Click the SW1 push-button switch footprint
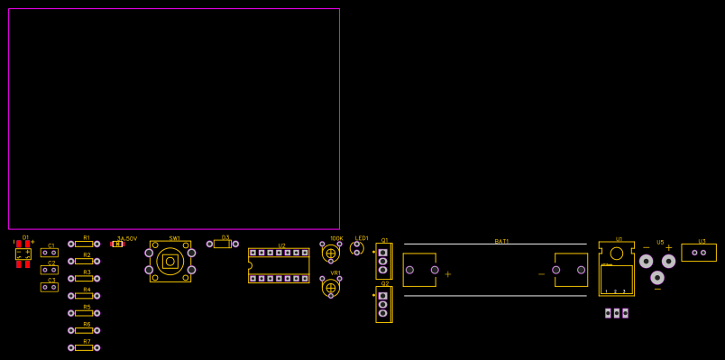(170, 262)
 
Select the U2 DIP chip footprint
(279, 265)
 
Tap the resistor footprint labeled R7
(84, 347)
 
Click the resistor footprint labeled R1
(84, 244)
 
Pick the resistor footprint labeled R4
(84, 296)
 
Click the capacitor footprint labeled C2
(50, 270)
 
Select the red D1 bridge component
(23, 254)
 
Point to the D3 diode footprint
(222, 244)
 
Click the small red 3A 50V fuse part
(117, 244)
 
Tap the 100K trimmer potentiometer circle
(331, 254)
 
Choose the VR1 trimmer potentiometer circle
(331, 288)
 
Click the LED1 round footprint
(357, 248)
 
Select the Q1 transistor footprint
(383, 261)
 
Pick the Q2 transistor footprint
(383, 304)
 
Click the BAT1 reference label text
(501, 241)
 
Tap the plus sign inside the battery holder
(447, 273)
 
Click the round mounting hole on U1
(617, 254)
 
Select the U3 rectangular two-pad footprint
(699, 253)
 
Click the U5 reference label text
(660, 242)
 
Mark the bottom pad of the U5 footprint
(657, 278)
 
